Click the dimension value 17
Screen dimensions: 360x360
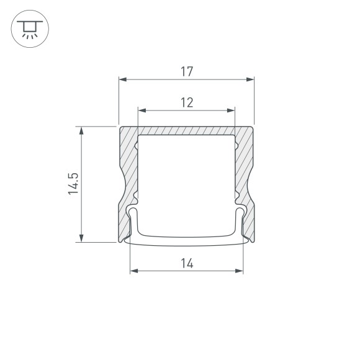[x=187, y=71]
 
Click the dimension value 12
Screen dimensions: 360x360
[x=187, y=102]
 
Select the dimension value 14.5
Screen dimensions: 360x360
[x=73, y=184]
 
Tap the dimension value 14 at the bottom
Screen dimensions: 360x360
[x=187, y=263]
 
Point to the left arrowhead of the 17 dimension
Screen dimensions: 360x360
[x=122, y=79]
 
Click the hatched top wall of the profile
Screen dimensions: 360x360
[x=186, y=131]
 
